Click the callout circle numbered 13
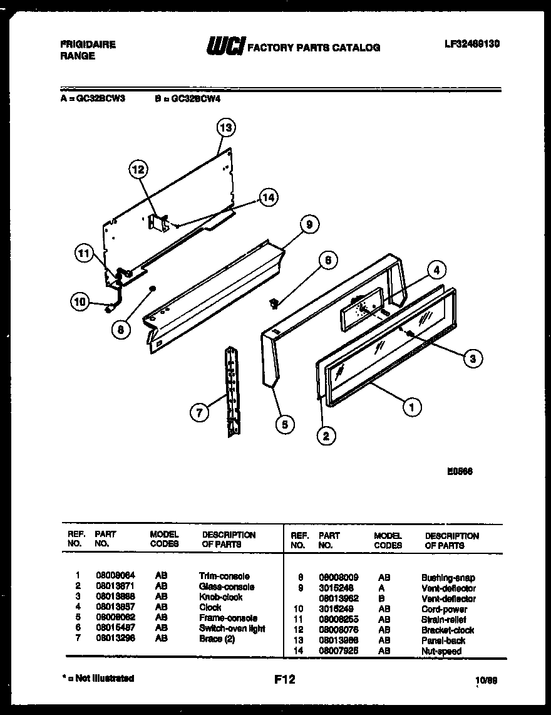click(x=225, y=128)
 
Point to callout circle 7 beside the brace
click(x=198, y=412)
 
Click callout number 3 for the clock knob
click(x=473, y=358)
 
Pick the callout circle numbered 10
click(x=80, y=301)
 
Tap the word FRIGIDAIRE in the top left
click(x=88, y=45)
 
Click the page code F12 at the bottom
click(x=284, y=679)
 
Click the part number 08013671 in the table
click(x=113, y=587)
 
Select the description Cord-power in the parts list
click(x=444, y=609)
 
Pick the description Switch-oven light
click(x=232, y=628)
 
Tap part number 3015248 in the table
click(x=336, y=588)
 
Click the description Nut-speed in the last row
click(x=441, y=652)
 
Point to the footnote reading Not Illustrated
click(x=100, y=678)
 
